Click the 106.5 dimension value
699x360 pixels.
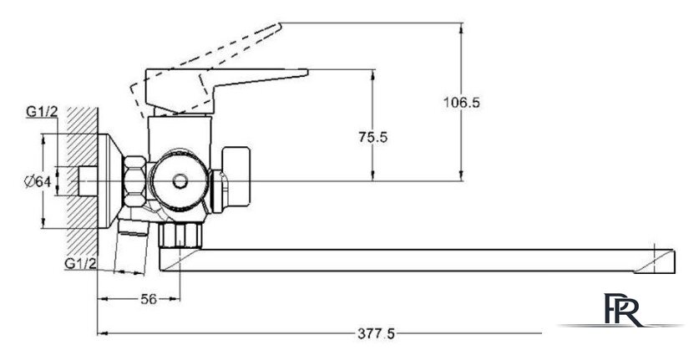[461, 103]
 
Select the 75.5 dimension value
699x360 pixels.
[373, 137]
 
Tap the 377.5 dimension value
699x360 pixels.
[377, 333]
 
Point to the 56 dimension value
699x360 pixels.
[149, 299]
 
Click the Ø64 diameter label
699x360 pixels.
[37, 181]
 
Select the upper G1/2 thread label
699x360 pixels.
[42, 112]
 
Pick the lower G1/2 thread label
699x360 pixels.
[80, 264]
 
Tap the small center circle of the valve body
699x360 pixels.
[180, 181]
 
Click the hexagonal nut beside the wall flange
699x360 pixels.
[134, 181]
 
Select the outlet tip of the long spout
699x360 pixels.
[675, 262]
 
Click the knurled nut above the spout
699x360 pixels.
[180, 235]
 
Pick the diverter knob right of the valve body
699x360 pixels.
[236, 175]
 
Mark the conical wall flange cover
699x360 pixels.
[110, 181]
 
